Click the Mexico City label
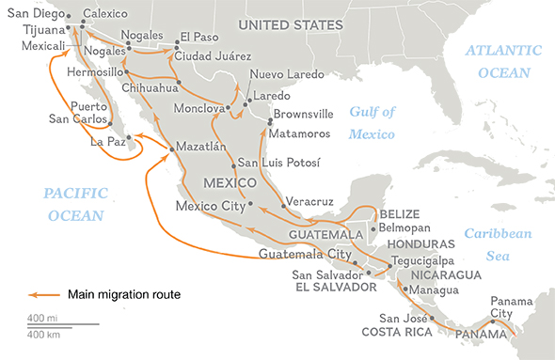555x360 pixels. tap(211, 204)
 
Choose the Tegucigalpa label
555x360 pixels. tap(420, 261)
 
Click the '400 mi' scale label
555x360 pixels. tap(41, 317)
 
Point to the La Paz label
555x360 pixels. tap(105, 144)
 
